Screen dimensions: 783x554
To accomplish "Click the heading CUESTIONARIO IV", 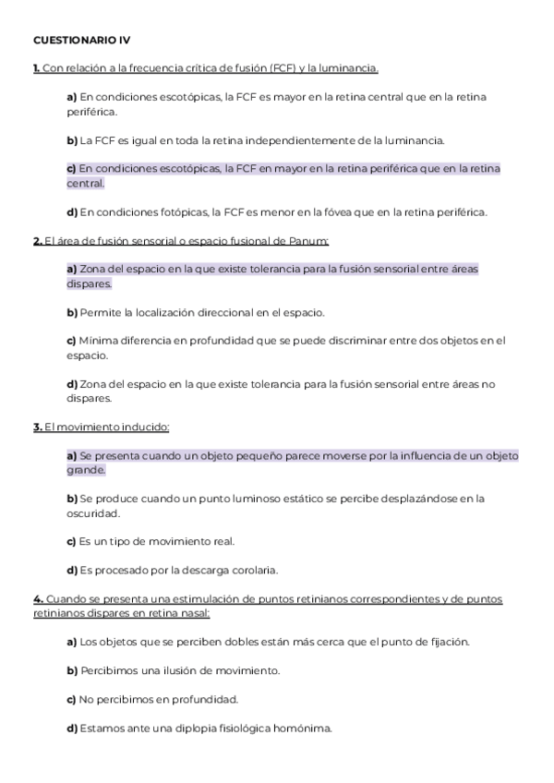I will [x=82, y=41].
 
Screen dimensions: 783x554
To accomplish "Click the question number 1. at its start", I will [x=36, y=68].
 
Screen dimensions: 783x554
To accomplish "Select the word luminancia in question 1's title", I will [x=349, y=68].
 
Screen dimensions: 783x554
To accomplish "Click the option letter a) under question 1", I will [x=71, y=97].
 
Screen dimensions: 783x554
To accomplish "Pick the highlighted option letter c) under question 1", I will [x=71, y=169].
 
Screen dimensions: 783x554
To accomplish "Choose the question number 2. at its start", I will [x=37, y=241].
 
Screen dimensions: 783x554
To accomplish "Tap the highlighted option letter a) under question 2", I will [x=71, y=270].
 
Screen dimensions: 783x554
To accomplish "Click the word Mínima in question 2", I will [x=98, y=341].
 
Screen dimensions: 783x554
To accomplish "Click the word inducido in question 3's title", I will [x=143, y=428].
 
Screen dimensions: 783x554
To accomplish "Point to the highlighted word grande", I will [x=86, y=470].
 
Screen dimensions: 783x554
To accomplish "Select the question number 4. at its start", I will [x=37, y=599].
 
